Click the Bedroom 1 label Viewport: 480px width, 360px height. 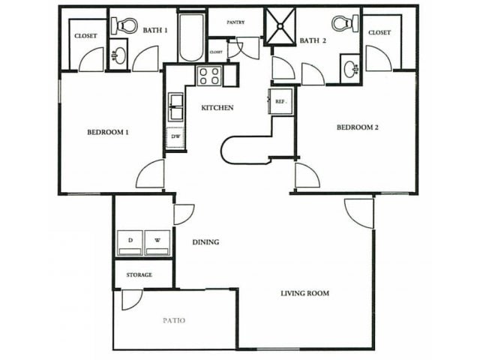[108, 133]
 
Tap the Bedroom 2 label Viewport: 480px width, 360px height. [357, 127]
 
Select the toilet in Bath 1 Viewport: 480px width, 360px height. [121, 25]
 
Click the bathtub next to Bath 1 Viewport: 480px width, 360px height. [191, 37]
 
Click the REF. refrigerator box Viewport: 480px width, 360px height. [281, 100]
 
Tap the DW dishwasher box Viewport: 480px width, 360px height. [175, 137]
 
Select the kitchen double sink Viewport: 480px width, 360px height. [176, 106]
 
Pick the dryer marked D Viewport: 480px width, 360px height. [130, 242]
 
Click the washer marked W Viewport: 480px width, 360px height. [157, 242]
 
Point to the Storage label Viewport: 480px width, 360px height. [139, 275]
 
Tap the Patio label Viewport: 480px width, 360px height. [174, 320]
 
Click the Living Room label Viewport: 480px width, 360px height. [305, 293]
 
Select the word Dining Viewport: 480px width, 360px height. [205, 242]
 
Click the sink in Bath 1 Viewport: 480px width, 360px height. [118, 55]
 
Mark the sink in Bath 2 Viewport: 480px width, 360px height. [351, 68]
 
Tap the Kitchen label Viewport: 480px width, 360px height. [217, 108]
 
